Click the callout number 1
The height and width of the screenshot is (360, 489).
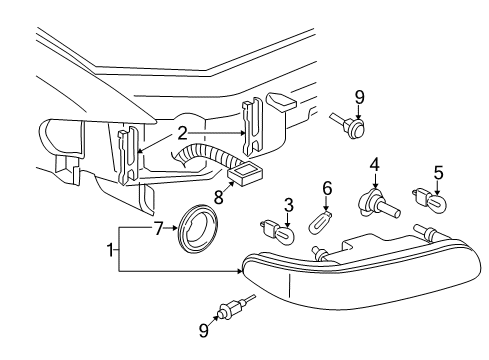click(110, 250)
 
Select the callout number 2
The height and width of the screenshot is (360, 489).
click(182, 134)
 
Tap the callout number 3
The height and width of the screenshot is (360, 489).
click(289, 205)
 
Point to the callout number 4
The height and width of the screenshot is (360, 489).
click(375, 165)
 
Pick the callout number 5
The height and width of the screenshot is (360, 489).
click(439, 173)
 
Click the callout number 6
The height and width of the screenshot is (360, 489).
click(327, 188)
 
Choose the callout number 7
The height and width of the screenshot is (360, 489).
click(159, 229)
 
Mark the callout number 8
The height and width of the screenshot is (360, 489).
click(218, 197)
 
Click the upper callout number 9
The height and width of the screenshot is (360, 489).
click(359, 98)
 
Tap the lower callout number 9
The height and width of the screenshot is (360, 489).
click(204, 330)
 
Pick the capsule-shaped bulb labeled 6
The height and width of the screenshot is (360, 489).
click(321, 220)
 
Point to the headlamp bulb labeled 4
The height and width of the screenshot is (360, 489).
click(378, 203)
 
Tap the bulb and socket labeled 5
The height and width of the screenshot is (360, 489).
click(429, 200)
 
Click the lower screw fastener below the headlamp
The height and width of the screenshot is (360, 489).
click(236, 306)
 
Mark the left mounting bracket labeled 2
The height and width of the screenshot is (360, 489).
click(129, 155)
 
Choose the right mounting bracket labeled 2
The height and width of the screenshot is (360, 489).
click(252, 126)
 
